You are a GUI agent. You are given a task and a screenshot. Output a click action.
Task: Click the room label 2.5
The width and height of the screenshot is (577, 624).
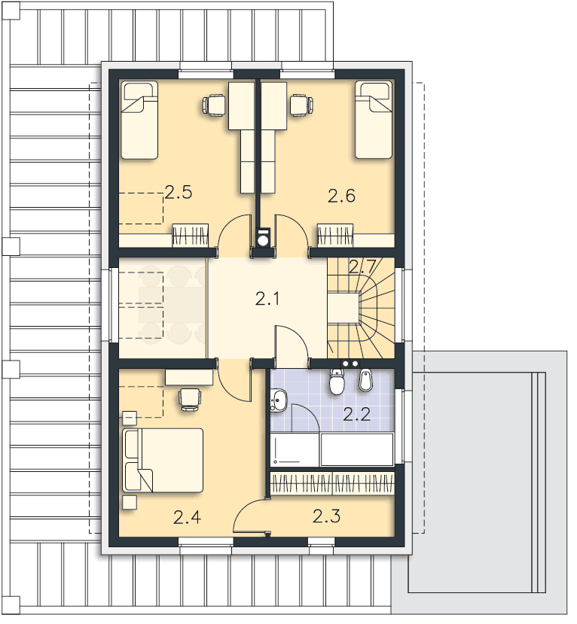[179, 192]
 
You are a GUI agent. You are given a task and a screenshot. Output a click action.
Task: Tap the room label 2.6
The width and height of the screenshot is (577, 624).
[341, 196]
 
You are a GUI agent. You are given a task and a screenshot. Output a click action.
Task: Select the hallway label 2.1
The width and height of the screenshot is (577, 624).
[267, 299]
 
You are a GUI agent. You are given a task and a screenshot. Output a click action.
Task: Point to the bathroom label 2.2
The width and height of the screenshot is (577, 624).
[357, 415]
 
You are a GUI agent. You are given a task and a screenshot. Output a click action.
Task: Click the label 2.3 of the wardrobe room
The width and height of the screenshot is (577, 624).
[326, 516]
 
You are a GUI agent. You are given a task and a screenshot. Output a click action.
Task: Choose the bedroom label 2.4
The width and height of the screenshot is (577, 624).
[187, 518]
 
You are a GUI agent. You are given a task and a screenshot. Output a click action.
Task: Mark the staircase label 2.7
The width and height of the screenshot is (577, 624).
[362, 266]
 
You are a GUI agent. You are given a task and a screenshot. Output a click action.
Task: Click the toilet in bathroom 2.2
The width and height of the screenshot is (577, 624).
[337, 381]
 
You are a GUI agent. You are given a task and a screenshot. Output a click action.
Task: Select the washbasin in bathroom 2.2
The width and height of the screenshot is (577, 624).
[279, 400]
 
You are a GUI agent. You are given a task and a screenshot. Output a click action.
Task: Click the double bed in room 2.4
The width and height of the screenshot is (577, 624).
[163, 460]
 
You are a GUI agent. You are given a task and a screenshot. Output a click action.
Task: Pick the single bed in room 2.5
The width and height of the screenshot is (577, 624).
[139, 120]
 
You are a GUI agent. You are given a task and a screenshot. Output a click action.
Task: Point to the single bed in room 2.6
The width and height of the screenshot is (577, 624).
[374, 120]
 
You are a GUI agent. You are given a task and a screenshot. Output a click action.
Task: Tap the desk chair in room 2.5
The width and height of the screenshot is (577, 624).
[214, 105]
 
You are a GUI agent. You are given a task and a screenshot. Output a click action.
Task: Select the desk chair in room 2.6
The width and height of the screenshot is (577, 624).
[301, 105]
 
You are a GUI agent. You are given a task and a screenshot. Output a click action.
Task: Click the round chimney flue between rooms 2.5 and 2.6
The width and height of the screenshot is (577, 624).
[263, 240]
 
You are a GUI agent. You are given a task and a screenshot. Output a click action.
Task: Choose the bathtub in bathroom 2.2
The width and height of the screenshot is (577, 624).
[357, 449]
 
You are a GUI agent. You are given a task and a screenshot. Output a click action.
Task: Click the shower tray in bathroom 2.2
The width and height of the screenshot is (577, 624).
[295, 449]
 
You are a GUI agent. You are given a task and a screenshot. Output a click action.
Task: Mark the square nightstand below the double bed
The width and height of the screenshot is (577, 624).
[130, 503]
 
